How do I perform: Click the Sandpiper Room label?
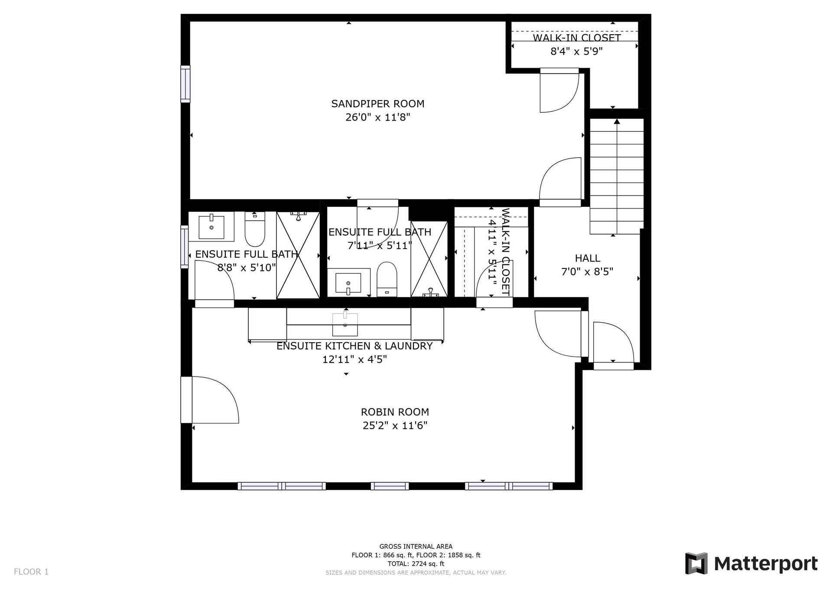pos(377,104)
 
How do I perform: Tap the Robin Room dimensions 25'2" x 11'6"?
pos(395,425)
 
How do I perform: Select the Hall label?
pos(587,258)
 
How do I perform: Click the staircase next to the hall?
pos(617,176)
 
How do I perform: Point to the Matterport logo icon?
pos(696,563)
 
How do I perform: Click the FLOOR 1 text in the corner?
pos(31,572)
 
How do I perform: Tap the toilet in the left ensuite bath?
pos(255,229)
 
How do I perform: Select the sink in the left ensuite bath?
pos(211,226)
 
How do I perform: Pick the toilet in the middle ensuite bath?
pos(387,279)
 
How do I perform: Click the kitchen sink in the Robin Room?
pos(345,324)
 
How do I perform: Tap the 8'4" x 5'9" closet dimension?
pos(576,52)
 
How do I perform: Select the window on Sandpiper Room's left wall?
pos(185,84)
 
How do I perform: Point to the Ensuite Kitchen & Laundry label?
pos(354,346)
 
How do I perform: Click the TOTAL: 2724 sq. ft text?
pos(416,564)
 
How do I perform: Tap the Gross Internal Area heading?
pos(416,546)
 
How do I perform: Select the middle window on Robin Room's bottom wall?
pos(390,486)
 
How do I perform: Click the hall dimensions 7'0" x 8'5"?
pos(587,272)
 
